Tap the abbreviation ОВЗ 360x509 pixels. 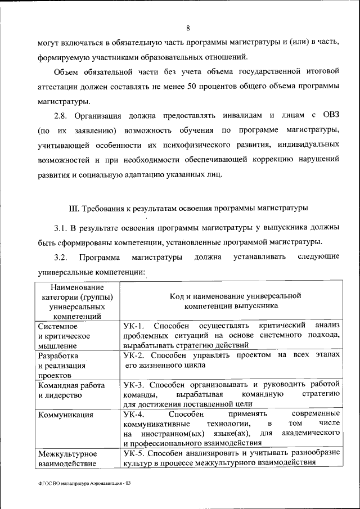pyautogui.click(x=330, y=116)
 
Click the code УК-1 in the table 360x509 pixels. pyautogui.click(x=134, y=326)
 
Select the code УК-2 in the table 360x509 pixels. pyautogui.click(x=134, y=355)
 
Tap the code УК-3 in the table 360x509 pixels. pyautogui.click(x=134, y=385)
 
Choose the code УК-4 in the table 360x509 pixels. pyautogui.click(x=134, y=415)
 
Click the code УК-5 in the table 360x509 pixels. pyautogui.click(x=134, y=454)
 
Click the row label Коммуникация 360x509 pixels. pyautogui.click(x=64, y=415)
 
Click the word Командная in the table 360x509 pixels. pyautogui.click(x=55, y=385)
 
